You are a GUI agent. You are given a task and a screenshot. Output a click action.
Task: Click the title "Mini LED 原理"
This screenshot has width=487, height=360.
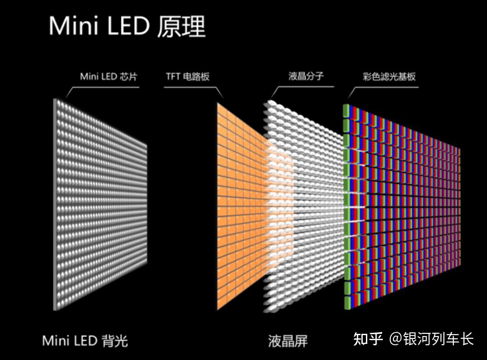127,26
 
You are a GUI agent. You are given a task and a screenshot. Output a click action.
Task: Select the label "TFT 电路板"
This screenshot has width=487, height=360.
188,76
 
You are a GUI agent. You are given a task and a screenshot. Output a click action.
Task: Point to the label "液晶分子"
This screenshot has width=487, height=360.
306,76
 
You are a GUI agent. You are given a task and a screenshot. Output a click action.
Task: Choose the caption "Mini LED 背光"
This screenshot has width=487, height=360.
85,341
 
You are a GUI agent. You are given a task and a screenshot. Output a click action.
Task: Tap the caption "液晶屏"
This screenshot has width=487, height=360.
288,341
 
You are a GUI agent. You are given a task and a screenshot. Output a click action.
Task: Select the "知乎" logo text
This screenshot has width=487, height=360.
368,339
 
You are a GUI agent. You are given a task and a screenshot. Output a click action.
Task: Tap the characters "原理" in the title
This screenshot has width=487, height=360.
181,26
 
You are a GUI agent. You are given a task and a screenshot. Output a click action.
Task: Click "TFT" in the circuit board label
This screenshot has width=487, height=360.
173,76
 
